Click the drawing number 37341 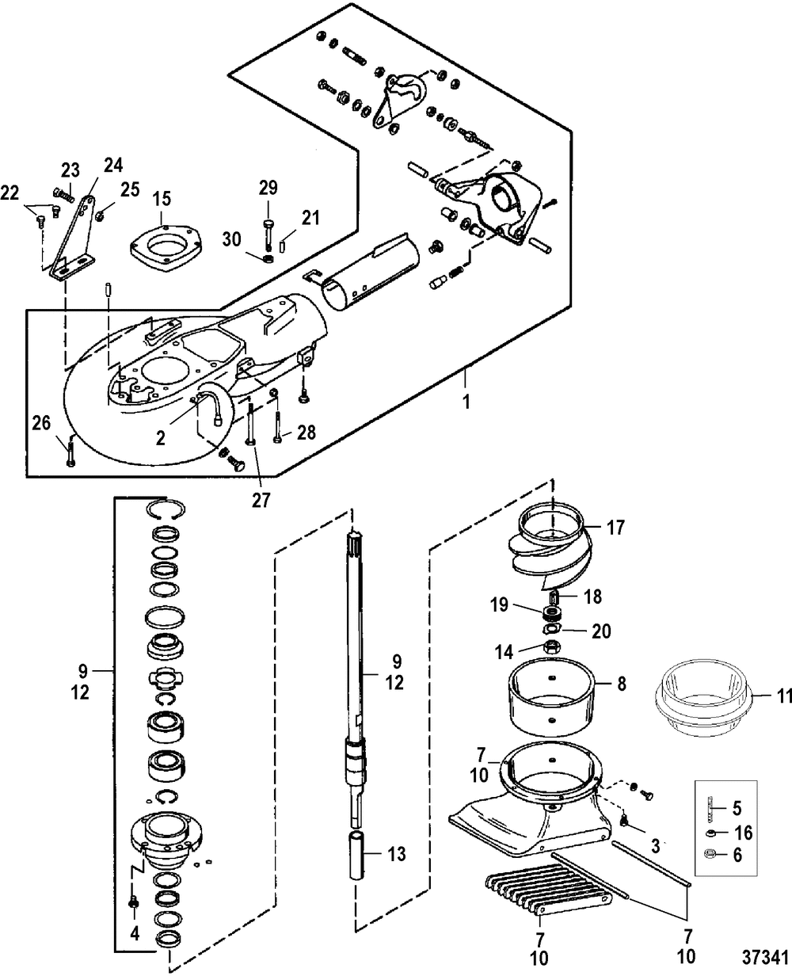click(766, 957)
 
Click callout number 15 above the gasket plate click(162, 199)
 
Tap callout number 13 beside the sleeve click(396, 854)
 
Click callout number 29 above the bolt click(268, 188)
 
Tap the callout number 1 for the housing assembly click(466, 402)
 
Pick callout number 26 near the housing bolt click(41, 423)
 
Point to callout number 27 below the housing click(261, 500)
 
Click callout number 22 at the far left click(10, 193)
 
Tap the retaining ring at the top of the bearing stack click(166, 509)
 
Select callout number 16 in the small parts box click(744, 833)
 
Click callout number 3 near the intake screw click(656, 846)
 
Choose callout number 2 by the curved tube click(160, 438)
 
